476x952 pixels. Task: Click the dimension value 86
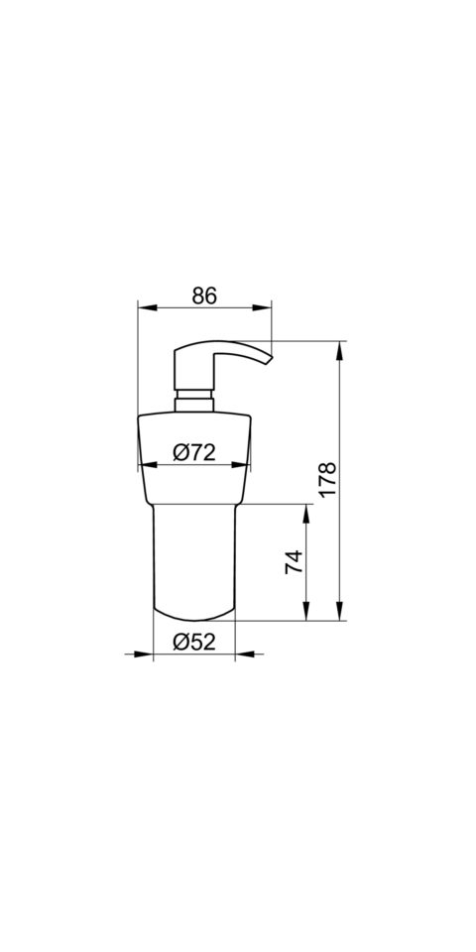(x=204, y=296)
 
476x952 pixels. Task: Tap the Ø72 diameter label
(x=194, y=452)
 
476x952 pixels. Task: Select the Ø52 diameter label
(x=194, y=642)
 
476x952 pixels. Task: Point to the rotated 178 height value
(x=328, y=480)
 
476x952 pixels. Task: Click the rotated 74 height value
(x=294, y=562)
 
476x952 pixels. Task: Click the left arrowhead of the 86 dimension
(x=148, y=307)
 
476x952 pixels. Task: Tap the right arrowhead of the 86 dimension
(x=262, y=307)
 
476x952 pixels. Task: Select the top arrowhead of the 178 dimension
(x=339, y=350)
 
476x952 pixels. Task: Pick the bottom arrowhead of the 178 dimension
(x=339, y=612)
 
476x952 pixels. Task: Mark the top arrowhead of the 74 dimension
(x=306, y=514)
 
